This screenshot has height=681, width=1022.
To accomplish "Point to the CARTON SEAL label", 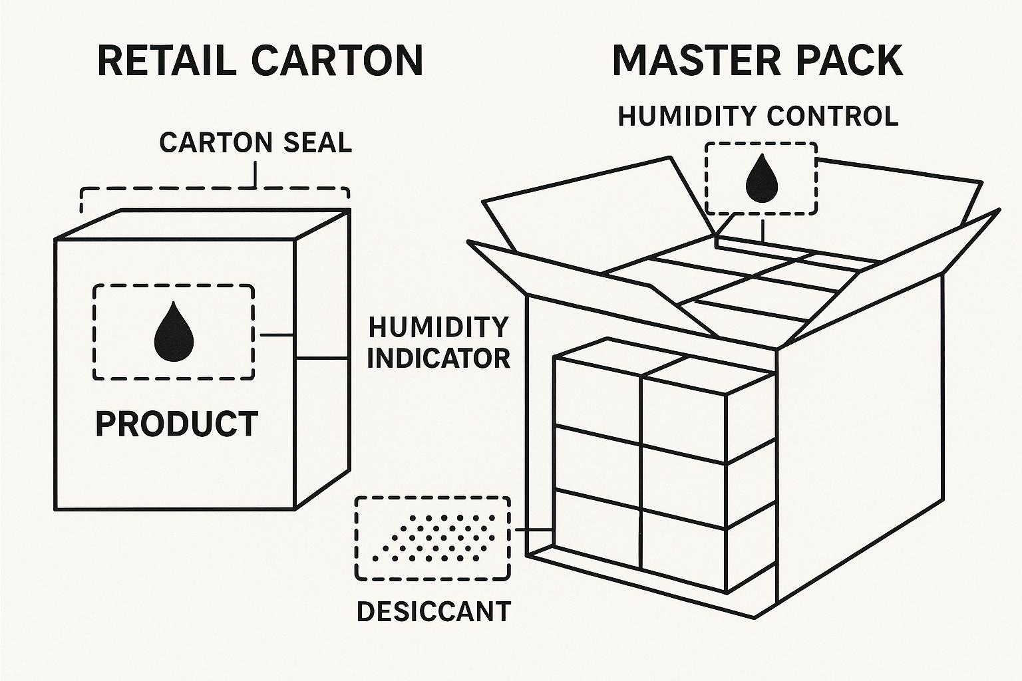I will coord(255,143).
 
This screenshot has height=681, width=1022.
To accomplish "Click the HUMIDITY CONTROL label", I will coord(758,116).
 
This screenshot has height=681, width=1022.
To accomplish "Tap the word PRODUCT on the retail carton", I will coord(176,424).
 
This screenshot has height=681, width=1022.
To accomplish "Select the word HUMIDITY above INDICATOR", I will coord(438,327).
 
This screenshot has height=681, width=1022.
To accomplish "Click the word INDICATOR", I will coord(438,358).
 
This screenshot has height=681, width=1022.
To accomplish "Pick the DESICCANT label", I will coord(434,612).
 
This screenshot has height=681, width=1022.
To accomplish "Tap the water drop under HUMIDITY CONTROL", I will coord(761,178).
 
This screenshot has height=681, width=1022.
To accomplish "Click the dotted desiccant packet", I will coord(433,537).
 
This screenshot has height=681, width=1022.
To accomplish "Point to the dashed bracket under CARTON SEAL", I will coord(214,190).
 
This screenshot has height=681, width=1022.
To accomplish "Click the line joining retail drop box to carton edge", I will coord(277,335).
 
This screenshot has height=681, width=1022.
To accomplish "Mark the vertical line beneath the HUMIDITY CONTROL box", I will coord(762,229).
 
